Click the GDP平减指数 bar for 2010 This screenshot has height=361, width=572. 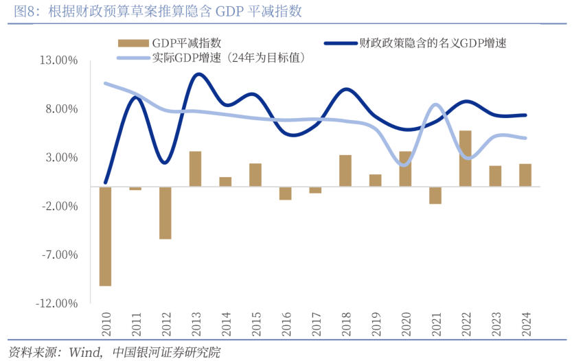point(105,235)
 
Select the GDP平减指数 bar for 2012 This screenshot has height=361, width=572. point(165,212)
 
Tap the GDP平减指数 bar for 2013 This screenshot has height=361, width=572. point(195,169)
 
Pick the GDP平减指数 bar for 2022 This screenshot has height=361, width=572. point(465,159)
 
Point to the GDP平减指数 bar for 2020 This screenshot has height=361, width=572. point(405,169)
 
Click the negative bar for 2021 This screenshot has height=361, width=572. point(435,195)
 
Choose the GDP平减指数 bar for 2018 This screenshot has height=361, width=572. point(345,171)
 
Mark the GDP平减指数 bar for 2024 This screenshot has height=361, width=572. point(525,175)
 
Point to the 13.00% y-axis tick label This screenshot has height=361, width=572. point(58,60)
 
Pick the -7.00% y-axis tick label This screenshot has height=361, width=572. point(58,255)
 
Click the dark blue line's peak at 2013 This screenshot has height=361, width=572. point(197,74)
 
